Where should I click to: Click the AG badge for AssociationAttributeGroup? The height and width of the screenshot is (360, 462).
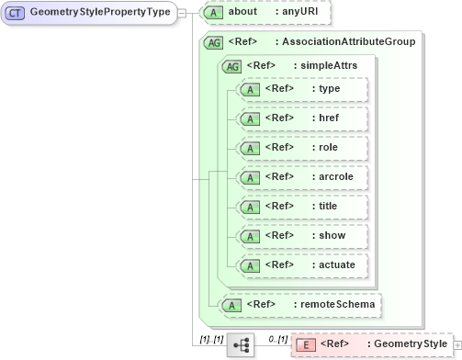pyautogui.click(x=212, y=42)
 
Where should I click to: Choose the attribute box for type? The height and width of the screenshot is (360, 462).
pyautogui.click(x=300, y=89)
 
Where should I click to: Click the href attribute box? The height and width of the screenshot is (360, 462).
pyautogui.click(x=300, y=118)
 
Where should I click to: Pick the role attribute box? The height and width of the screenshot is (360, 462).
pyautogui.click(x=300, y=147)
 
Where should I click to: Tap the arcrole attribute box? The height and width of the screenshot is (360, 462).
pyautogui.click(x=300, y=176)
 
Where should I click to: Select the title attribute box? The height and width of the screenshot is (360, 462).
pyautogui.click(x=300, y=206)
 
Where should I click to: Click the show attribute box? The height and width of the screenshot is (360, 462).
pyautogui.click(x=300, y=235)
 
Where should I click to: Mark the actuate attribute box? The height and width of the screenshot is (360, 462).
pyautogui.click(x=300, y=264)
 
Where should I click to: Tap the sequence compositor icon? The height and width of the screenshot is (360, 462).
pyautogui.click(x=240, y=344)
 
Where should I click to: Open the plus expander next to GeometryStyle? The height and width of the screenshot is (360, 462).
pyautogui.click(x=456, y=344)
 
